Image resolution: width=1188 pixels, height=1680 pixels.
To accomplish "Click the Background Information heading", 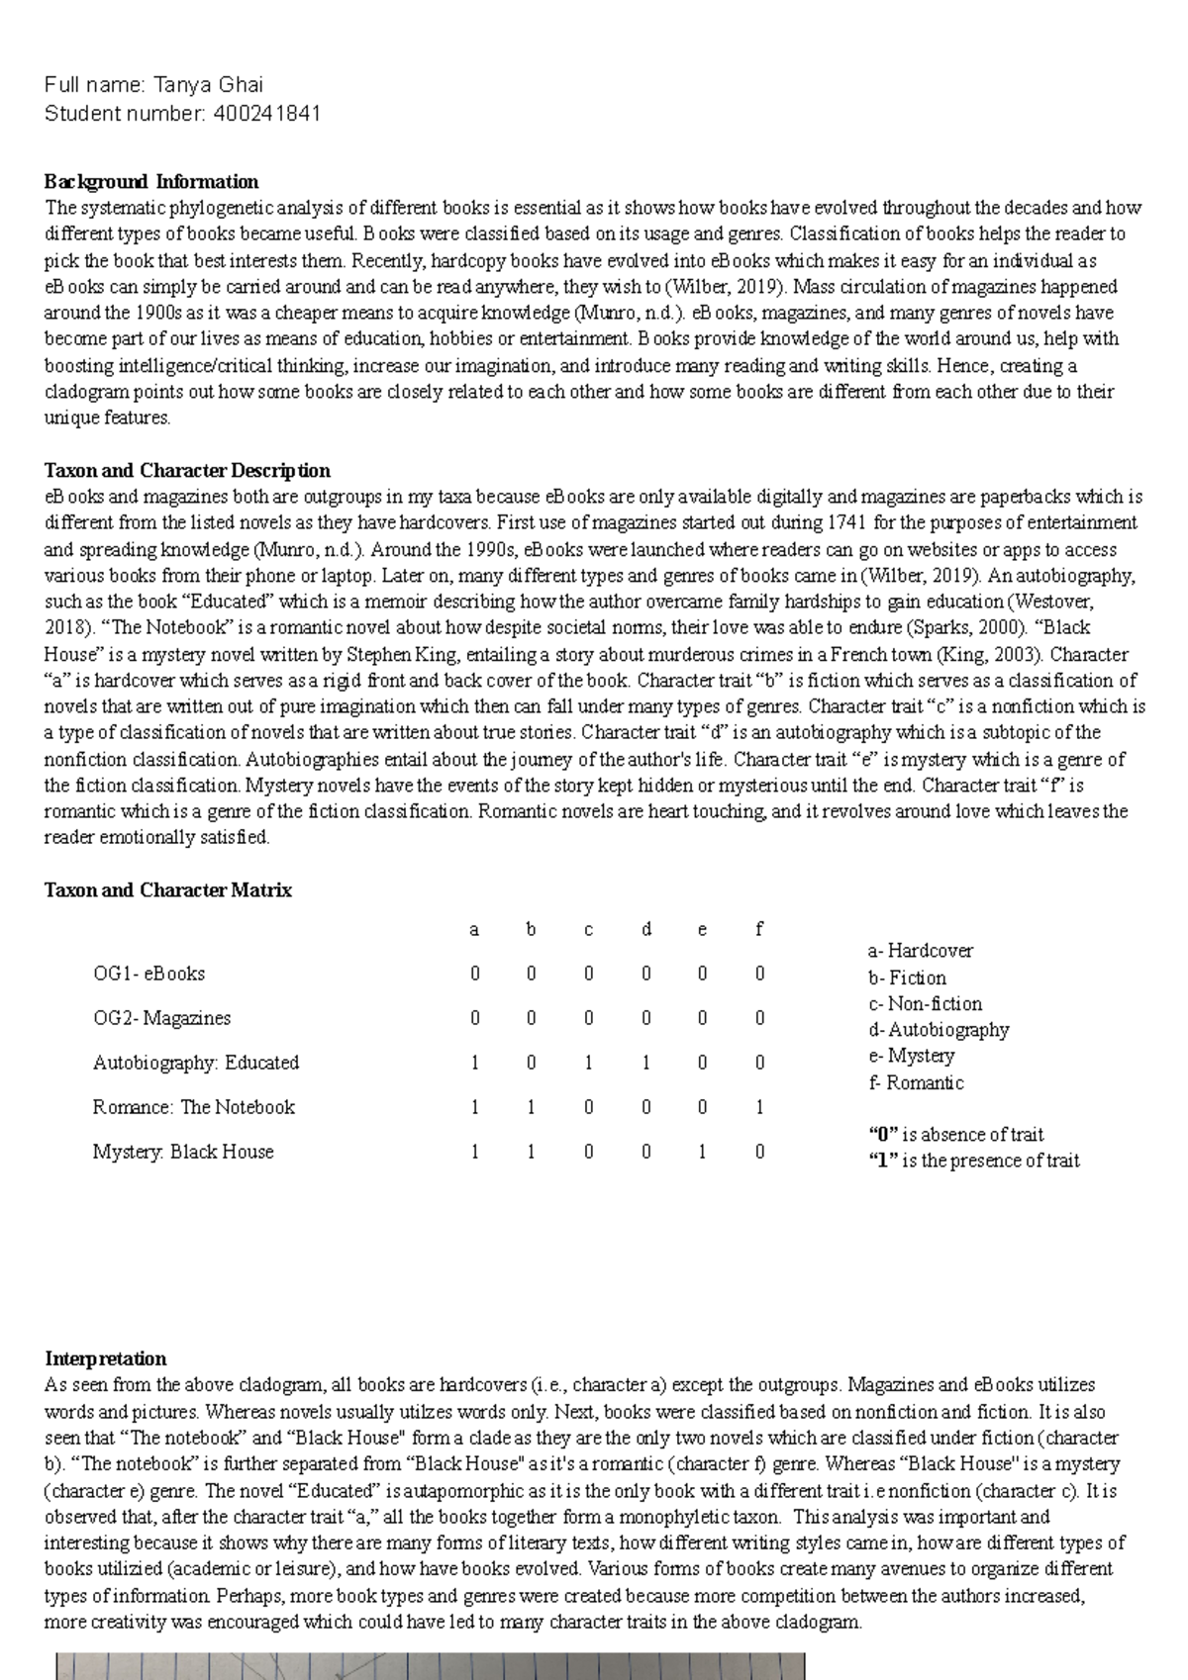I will coord(151,182).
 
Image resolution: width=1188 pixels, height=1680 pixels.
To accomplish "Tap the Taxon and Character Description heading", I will coord(187,471).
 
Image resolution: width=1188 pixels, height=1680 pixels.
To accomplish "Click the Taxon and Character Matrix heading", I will coord(168,890).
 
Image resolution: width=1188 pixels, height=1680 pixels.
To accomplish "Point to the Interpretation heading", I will coord(106,1358).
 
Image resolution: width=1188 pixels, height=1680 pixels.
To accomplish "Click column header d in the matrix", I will coord(646,930).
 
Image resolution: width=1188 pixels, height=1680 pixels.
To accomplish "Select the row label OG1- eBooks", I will coord(148,974).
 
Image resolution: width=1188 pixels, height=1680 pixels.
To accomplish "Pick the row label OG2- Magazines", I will coord(161,1018).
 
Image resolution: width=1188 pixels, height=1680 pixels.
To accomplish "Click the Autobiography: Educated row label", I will coord(196,1063).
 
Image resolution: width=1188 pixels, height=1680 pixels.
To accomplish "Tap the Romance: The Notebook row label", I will coord(194,1107).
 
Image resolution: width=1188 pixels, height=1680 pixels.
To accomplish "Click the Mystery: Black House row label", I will coord(183,1152).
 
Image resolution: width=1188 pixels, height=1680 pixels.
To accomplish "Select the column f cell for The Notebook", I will coord(759,1107).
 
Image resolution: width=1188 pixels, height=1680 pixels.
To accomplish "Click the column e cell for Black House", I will coord(702,1152).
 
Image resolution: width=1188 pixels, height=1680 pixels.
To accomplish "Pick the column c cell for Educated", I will coord(589,1063).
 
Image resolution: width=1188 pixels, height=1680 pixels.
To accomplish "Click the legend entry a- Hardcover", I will coord(921,951).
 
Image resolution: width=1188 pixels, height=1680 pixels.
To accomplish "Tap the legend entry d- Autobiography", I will coord(939,1030).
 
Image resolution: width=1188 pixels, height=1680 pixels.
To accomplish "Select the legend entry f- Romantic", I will coord(916,1082).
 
